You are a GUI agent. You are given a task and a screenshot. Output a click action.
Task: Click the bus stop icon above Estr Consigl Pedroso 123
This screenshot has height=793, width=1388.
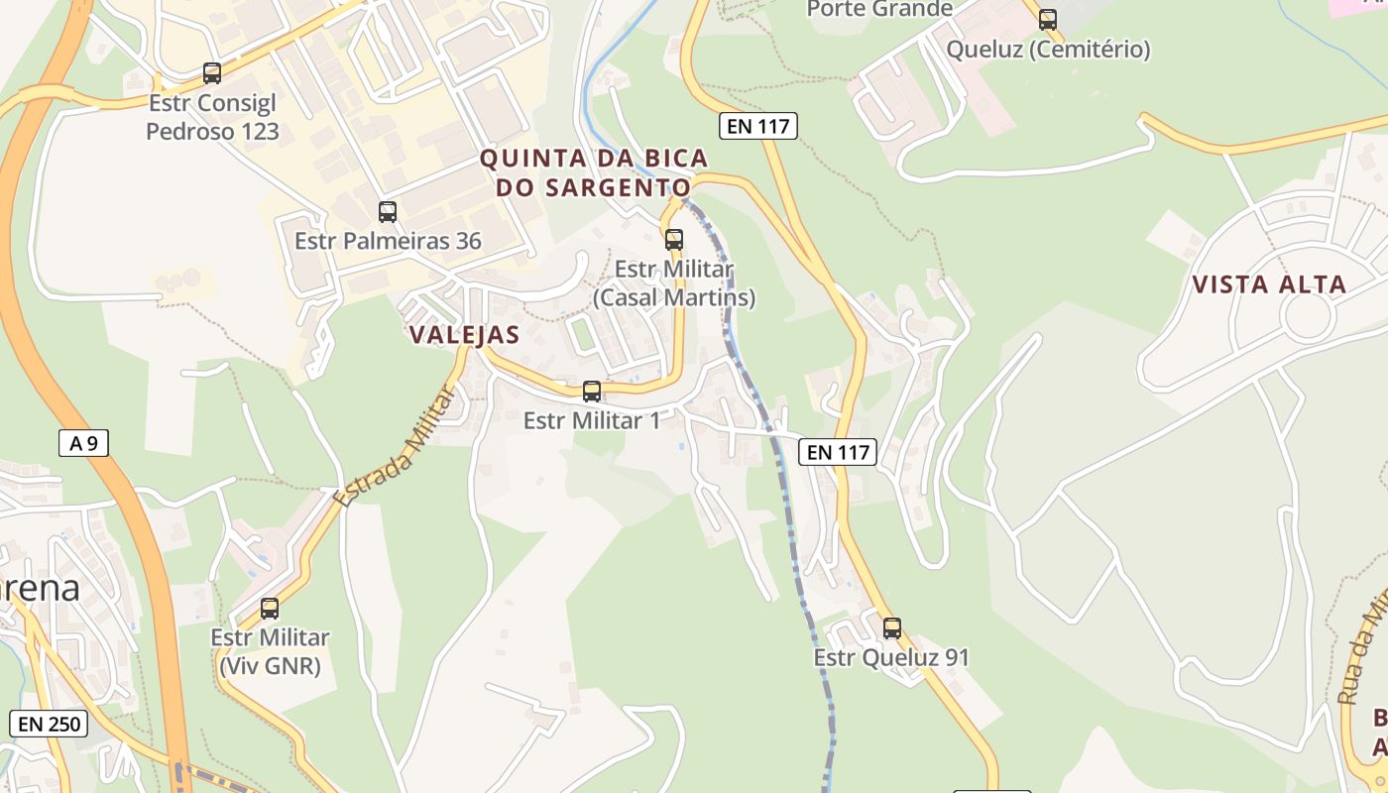pyautogui.click(x=212, y=72)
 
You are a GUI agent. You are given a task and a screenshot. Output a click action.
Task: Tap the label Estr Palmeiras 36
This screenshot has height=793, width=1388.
pyautogui.click(x=388, y=241)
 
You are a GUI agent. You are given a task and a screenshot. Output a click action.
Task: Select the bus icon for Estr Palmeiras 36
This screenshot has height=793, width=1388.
pyautogui.click(x=388, y=211)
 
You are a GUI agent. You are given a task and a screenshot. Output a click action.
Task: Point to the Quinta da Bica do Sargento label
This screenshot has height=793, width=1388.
pyautogui.click(x=594, y=172)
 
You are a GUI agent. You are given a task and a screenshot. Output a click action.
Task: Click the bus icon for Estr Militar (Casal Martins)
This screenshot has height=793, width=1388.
pyautogui.click(x=674, y=239)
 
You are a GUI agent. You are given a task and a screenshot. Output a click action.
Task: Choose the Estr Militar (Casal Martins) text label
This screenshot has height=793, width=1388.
pyautogui.click(x=674, y=283)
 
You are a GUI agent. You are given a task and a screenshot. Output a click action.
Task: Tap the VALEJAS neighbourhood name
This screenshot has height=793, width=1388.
pyautogui.click(x=464, y=335)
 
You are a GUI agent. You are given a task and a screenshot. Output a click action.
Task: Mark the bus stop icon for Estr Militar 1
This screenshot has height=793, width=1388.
pyautogui.click(x=592, y=391)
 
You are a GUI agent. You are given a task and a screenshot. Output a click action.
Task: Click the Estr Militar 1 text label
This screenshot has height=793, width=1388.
pyautogui.click(x=592, y=420)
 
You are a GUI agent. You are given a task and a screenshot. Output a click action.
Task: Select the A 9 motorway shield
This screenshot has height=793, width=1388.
pyautogui.click(x=83, y=443)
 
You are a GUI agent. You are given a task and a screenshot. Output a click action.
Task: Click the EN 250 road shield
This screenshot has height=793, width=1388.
pyautogui.click(x=49, y=724)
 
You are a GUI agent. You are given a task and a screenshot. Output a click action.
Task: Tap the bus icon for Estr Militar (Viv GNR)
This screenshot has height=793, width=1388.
pyautogui.click(x=270, y=609)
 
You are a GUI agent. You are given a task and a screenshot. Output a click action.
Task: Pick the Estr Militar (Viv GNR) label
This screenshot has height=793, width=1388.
pyautogui.click(x=270, y=651)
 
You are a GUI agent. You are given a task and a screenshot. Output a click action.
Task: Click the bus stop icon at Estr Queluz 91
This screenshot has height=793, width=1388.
pyautogui.click(x=892, y=627)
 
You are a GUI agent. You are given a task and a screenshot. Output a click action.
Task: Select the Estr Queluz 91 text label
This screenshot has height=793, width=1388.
pyautogui.click(x=891, y=657)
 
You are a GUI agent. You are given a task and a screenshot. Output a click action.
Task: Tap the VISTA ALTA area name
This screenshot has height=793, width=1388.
pyautogui.click(x=1269, y=285)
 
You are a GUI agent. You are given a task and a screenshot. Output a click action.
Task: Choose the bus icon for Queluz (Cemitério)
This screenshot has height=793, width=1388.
pyautogui.click(x=1048, y=19)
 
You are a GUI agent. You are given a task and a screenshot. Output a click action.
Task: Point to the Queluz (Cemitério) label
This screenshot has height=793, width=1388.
pyautogui.click(x=1048, y=49)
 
